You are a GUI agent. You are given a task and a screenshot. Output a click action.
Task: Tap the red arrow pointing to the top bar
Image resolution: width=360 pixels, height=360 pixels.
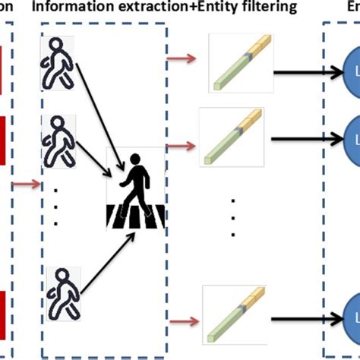point(182,58)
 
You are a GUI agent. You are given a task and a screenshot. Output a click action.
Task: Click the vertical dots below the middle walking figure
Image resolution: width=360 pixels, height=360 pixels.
point(55,204)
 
